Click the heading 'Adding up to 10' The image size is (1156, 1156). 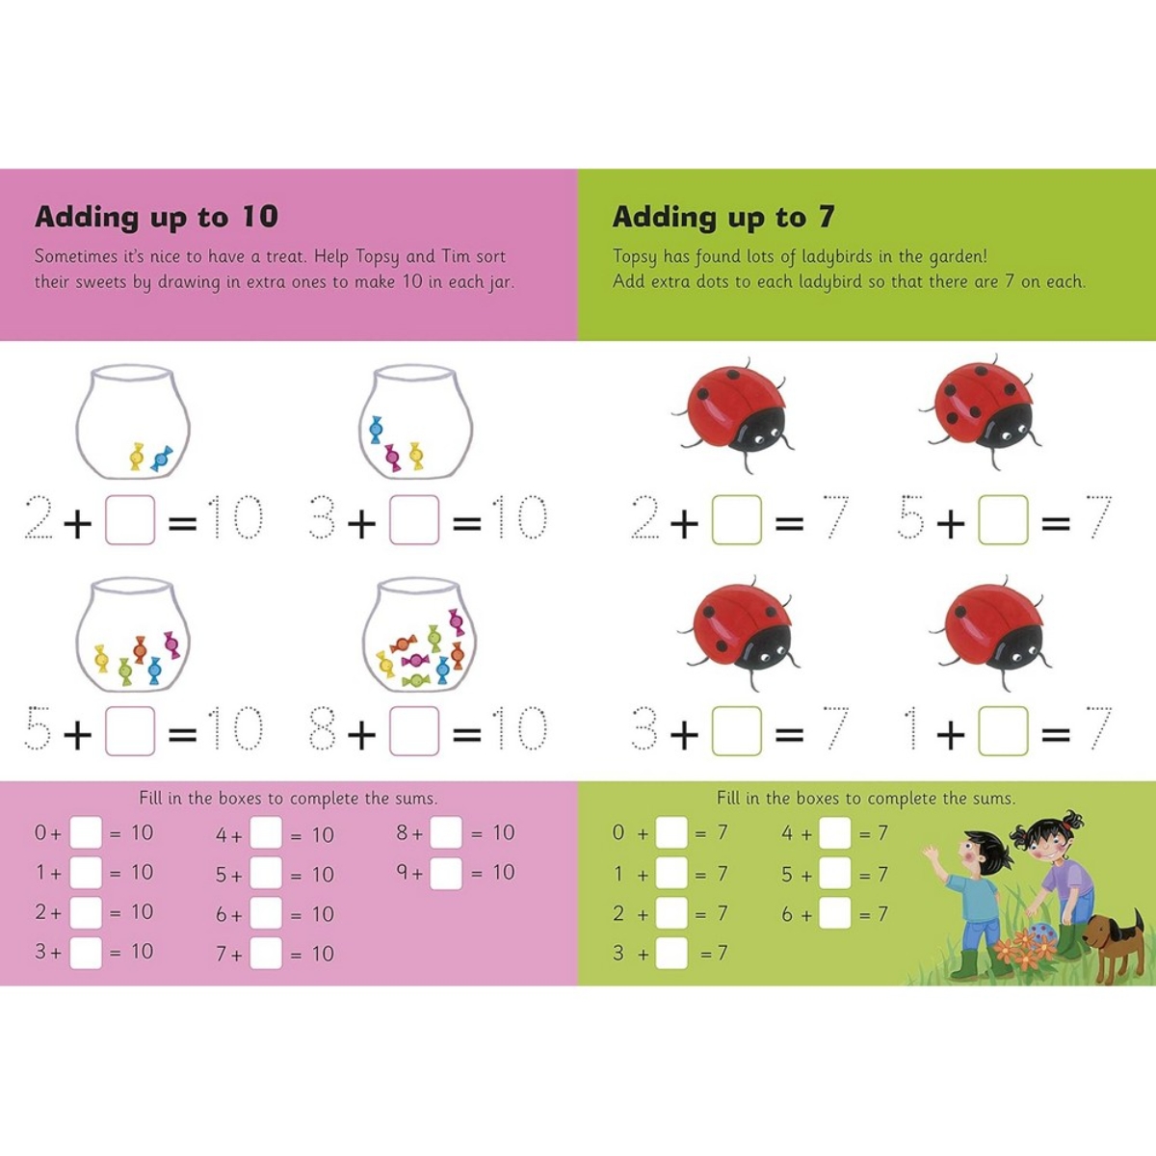(x=156, y=217)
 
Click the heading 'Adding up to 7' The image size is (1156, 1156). (x=722, y=217)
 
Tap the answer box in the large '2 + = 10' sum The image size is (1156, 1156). (x=130, y=520)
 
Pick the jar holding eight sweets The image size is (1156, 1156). (x=419, y=636)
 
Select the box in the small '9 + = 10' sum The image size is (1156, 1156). (x=446, y=873)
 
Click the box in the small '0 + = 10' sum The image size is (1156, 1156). (x=86, y=833)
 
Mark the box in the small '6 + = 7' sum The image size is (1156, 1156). (x=835, y=913)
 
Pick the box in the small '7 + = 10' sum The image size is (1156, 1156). (x=266, y=954)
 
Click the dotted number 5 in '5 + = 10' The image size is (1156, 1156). (x=39, y=729)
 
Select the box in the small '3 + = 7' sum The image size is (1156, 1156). (x=671, y=954)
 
